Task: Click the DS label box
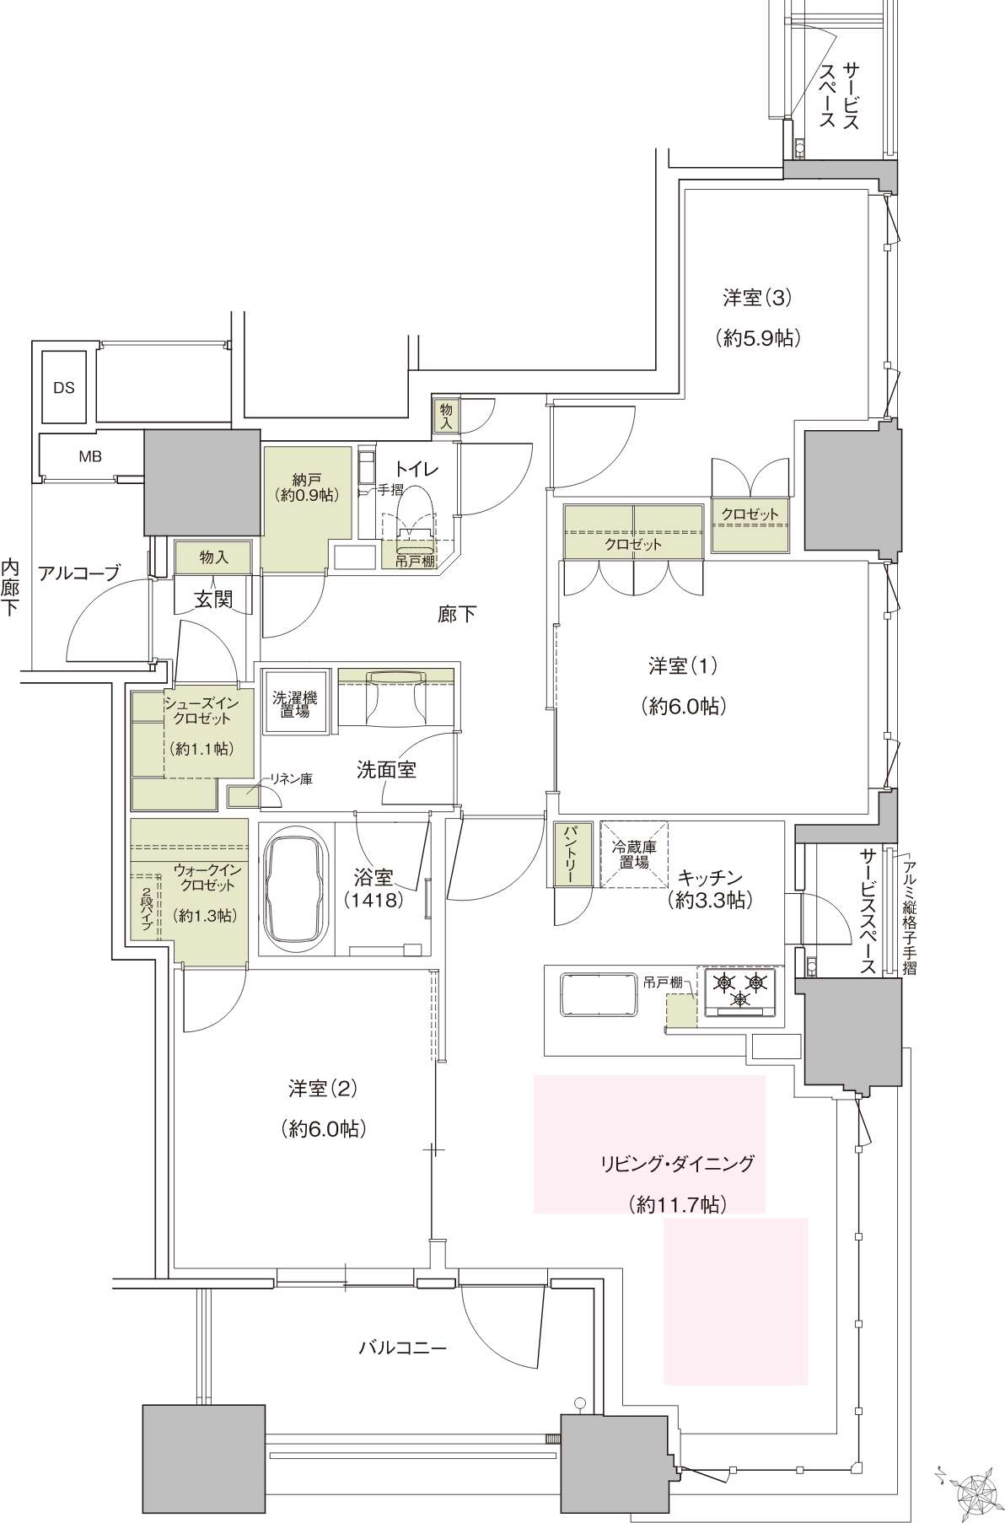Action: [64, 388]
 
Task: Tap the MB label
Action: [90, 456]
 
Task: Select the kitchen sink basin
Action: [599, 999]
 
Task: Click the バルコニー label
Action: [400, 1347]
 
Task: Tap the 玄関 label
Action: [213, 600]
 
